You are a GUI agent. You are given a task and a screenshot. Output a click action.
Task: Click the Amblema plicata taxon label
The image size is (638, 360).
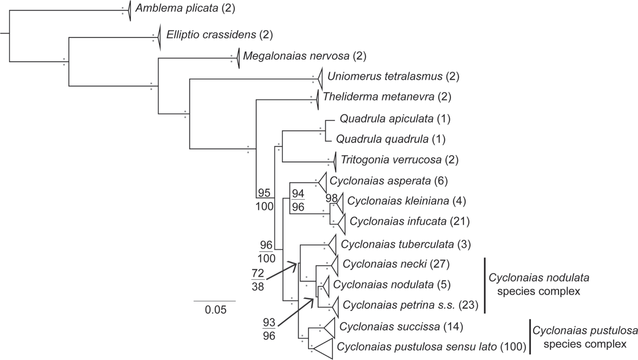(x=177, y=8)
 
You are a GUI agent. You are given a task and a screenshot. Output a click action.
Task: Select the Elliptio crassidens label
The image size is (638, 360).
(x=211, y=35)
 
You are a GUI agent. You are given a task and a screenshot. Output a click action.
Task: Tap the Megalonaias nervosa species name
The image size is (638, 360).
(x=296, y=56)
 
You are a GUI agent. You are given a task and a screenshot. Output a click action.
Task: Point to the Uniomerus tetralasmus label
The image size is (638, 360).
(x=385, y=76)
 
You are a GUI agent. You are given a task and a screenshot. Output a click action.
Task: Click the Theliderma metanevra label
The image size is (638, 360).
(x=378, y=97)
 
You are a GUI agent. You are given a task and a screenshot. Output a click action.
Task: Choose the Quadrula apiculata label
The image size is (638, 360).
(x=386, y=118)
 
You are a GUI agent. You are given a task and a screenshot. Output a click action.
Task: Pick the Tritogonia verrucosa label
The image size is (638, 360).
(x=391, y=160)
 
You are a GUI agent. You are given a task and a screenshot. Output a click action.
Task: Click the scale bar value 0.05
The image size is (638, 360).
(x=215, y=310)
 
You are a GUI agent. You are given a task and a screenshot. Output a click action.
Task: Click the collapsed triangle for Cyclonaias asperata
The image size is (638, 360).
(x=323, y=181)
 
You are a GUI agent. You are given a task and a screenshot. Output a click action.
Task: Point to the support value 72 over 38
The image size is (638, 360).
(x=258, y=280)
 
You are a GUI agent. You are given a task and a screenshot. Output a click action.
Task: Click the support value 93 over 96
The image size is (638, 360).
(x=269, y=329)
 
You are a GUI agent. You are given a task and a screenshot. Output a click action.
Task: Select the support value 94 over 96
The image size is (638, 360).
(x=298, y=200)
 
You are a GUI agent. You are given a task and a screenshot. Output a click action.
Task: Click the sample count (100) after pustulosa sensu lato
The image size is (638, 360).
(x=513, y=347)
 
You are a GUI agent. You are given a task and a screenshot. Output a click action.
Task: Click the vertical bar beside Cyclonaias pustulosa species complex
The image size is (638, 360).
(x=530, y=337)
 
